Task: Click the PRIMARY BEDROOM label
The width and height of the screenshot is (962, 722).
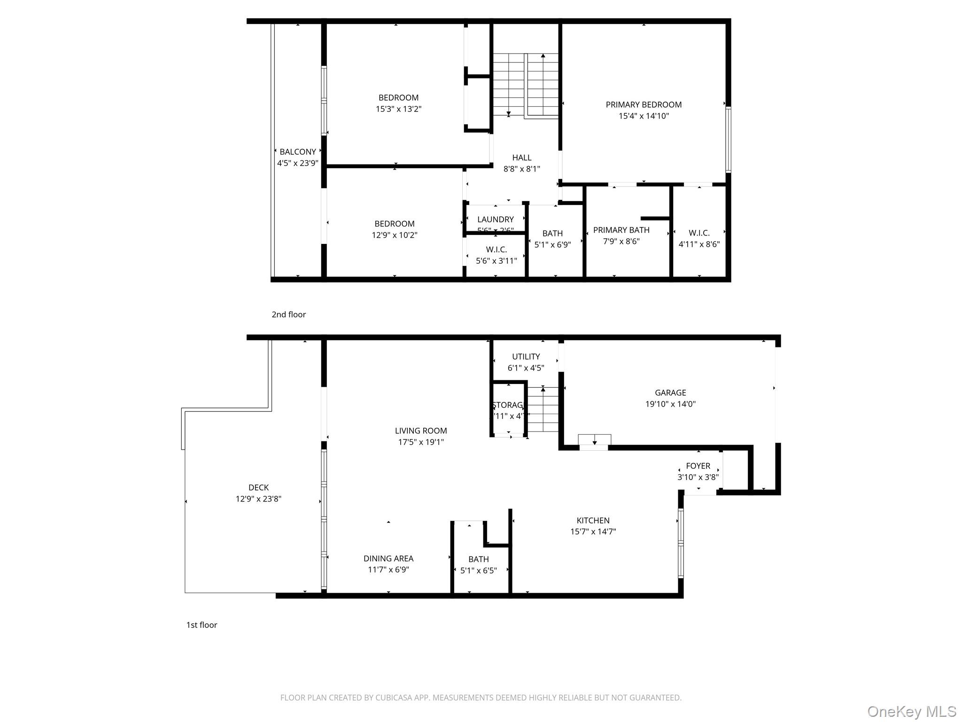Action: (x=643, y=105)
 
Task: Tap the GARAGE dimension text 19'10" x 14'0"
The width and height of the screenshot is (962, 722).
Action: (x=670, y=404)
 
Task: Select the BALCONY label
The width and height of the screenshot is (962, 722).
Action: (x=297, y=152)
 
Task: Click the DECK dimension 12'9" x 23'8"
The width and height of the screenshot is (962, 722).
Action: (x=258, y=499)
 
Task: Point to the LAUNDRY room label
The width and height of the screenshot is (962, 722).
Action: (x=495, y=220)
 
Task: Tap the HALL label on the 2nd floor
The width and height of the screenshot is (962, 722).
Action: (x=521, y=158)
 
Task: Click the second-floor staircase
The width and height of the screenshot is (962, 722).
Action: (x=525, y=85)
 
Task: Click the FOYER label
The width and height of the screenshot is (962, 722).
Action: (x=698, y=466)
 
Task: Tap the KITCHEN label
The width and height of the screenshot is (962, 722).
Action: (x=593, y=520)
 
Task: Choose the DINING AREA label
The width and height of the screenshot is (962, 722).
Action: (x=388, y=558)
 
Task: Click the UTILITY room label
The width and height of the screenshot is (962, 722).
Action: (x=526, y=357)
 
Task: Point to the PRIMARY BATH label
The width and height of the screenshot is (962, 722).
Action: (x=621, y=230)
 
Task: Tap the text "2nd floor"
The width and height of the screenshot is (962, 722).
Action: (x=288, y=314)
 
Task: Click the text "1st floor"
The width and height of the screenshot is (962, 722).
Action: (x=202, y=625)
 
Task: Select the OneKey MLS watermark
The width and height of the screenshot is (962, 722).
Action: (x=911, y=711)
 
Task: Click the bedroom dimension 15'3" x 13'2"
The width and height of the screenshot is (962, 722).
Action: (x=398, y=109)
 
